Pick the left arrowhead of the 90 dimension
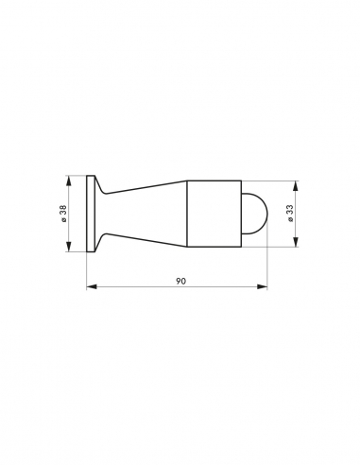click(x=91, y=284)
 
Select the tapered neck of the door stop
click(x=142, y=214)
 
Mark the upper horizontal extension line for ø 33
click(x=274, y=181)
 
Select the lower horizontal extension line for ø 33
click(x=274, y=247)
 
